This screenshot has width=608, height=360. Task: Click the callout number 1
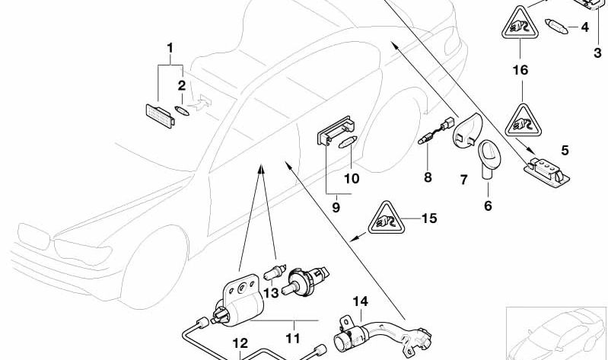click(x=170, y=48)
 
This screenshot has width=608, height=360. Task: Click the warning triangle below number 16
click(x=521, y=119)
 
